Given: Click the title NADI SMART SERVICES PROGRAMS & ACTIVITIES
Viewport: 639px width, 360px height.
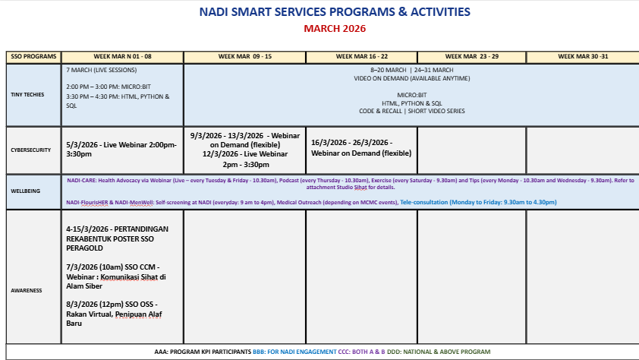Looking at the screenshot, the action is pos(335,12).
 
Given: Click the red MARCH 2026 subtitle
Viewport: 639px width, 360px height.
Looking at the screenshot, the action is pos(335,29).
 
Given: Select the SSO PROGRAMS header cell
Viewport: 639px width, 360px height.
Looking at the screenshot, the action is pos(33,57).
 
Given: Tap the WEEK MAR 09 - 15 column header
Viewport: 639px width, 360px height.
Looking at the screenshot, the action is pos(245,57).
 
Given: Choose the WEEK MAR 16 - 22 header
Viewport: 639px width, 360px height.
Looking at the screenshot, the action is pos(361,57).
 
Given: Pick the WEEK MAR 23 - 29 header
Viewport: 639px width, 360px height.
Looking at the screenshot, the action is pos(472,57).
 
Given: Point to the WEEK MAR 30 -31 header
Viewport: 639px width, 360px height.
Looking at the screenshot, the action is pos(583,57).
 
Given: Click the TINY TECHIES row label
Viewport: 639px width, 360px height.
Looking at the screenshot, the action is pos(27,95).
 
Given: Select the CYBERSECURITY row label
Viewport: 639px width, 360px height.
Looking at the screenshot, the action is pos(31,150).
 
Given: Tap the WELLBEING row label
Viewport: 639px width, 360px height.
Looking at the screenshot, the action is pos(25,191).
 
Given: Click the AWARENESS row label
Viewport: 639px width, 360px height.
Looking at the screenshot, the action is pos(27,291).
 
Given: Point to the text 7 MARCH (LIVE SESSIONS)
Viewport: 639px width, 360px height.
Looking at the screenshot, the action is pos(102,70).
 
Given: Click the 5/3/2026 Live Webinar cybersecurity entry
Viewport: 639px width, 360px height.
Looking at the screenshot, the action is pos(121,149).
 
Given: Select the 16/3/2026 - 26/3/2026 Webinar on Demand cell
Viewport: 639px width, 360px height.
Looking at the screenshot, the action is pos(361,147).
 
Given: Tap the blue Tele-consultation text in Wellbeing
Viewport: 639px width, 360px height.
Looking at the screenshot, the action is pos(478,202).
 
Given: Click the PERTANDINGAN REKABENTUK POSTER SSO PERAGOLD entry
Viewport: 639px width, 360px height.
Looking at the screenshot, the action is pos(118,238).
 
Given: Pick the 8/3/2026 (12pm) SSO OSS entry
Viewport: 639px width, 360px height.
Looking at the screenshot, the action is pos(114,314).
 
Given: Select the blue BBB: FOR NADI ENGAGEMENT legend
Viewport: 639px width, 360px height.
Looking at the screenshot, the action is pos(294,352).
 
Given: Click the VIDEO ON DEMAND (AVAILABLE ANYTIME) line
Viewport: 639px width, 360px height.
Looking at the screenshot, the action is pos(411,78).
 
